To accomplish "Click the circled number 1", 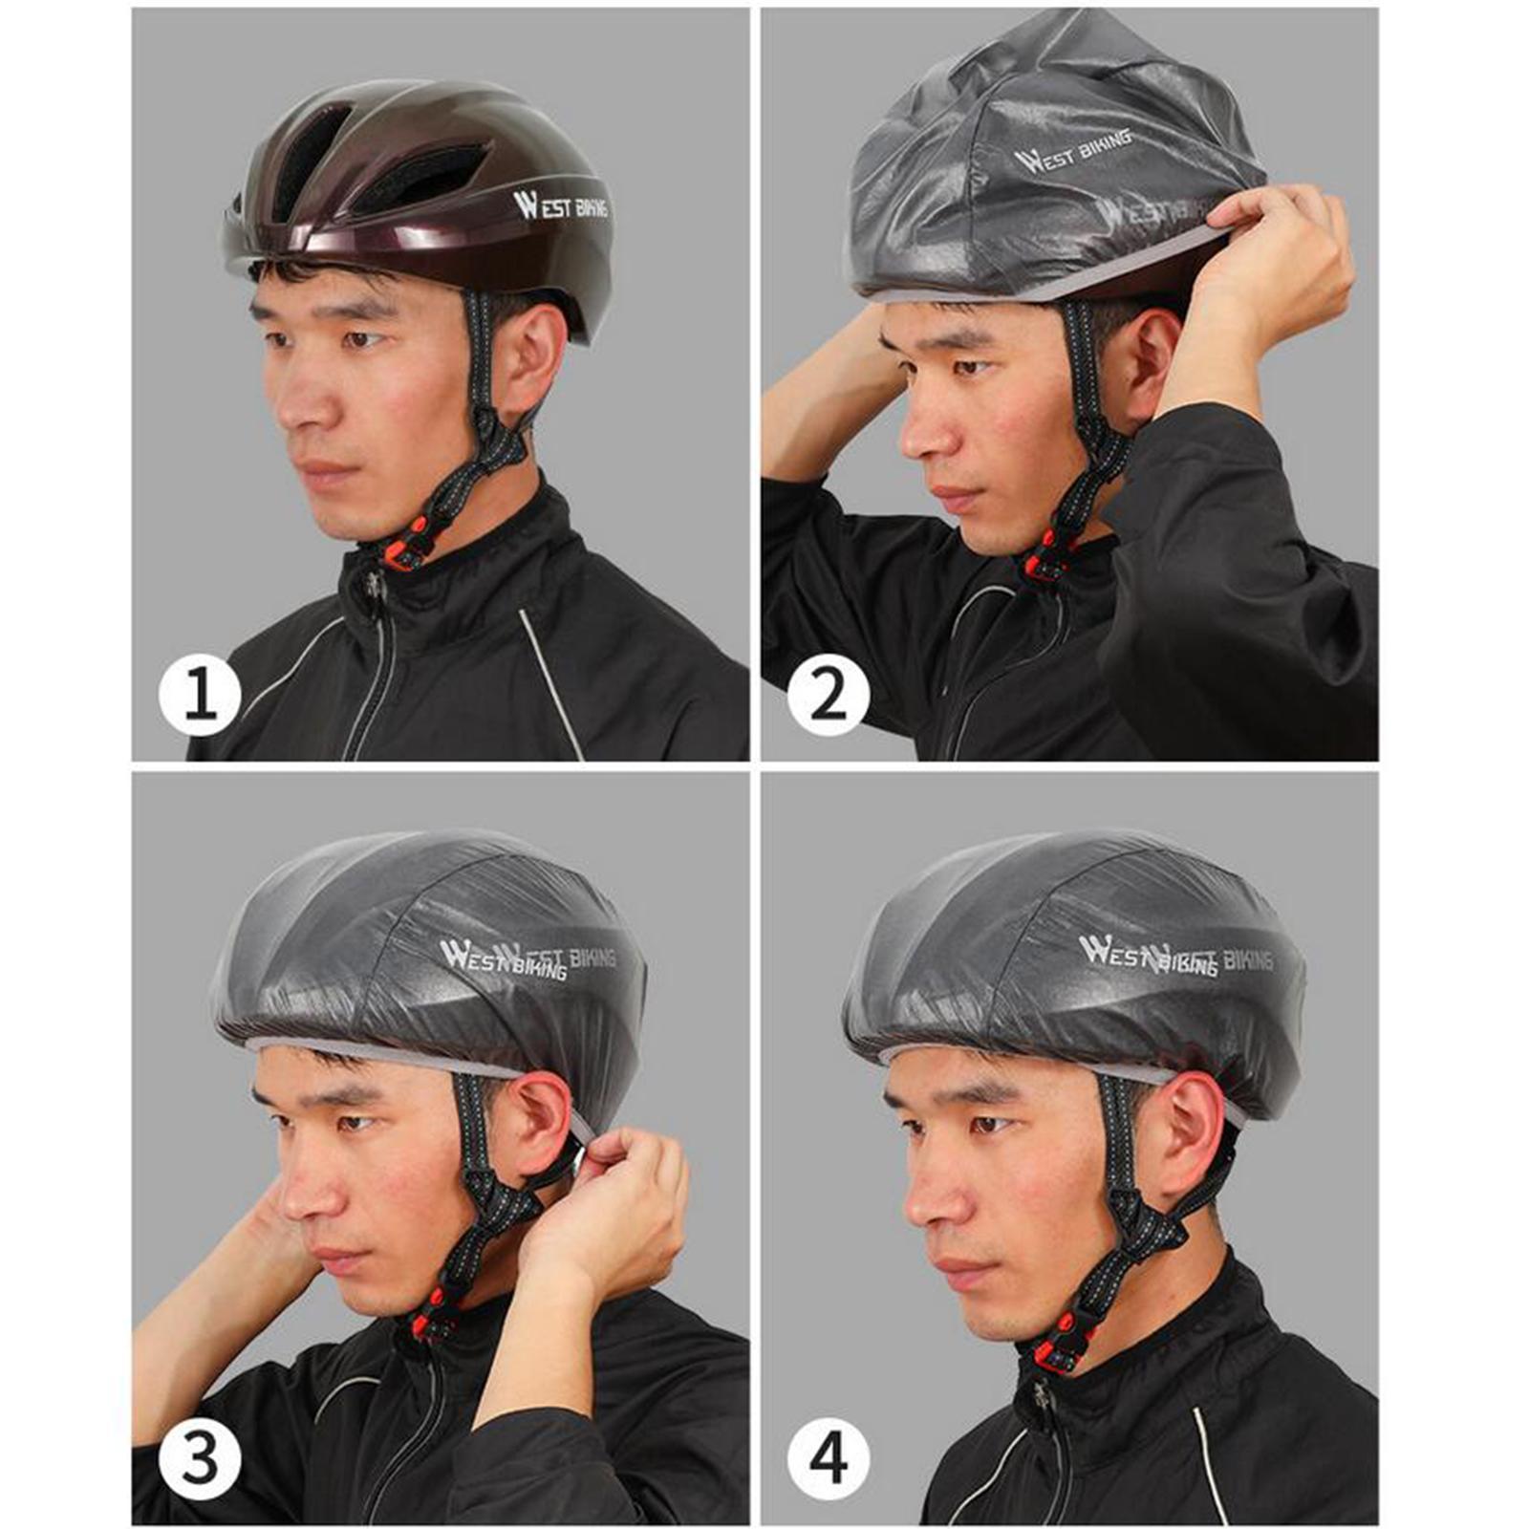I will click(x=200, y=695).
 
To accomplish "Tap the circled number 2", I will click(x=828, y=695).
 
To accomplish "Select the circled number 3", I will click(x=200, y=1458).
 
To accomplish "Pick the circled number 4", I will click(x=829, y=1458).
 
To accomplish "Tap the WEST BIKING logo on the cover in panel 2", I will click(x=1072, y=151).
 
